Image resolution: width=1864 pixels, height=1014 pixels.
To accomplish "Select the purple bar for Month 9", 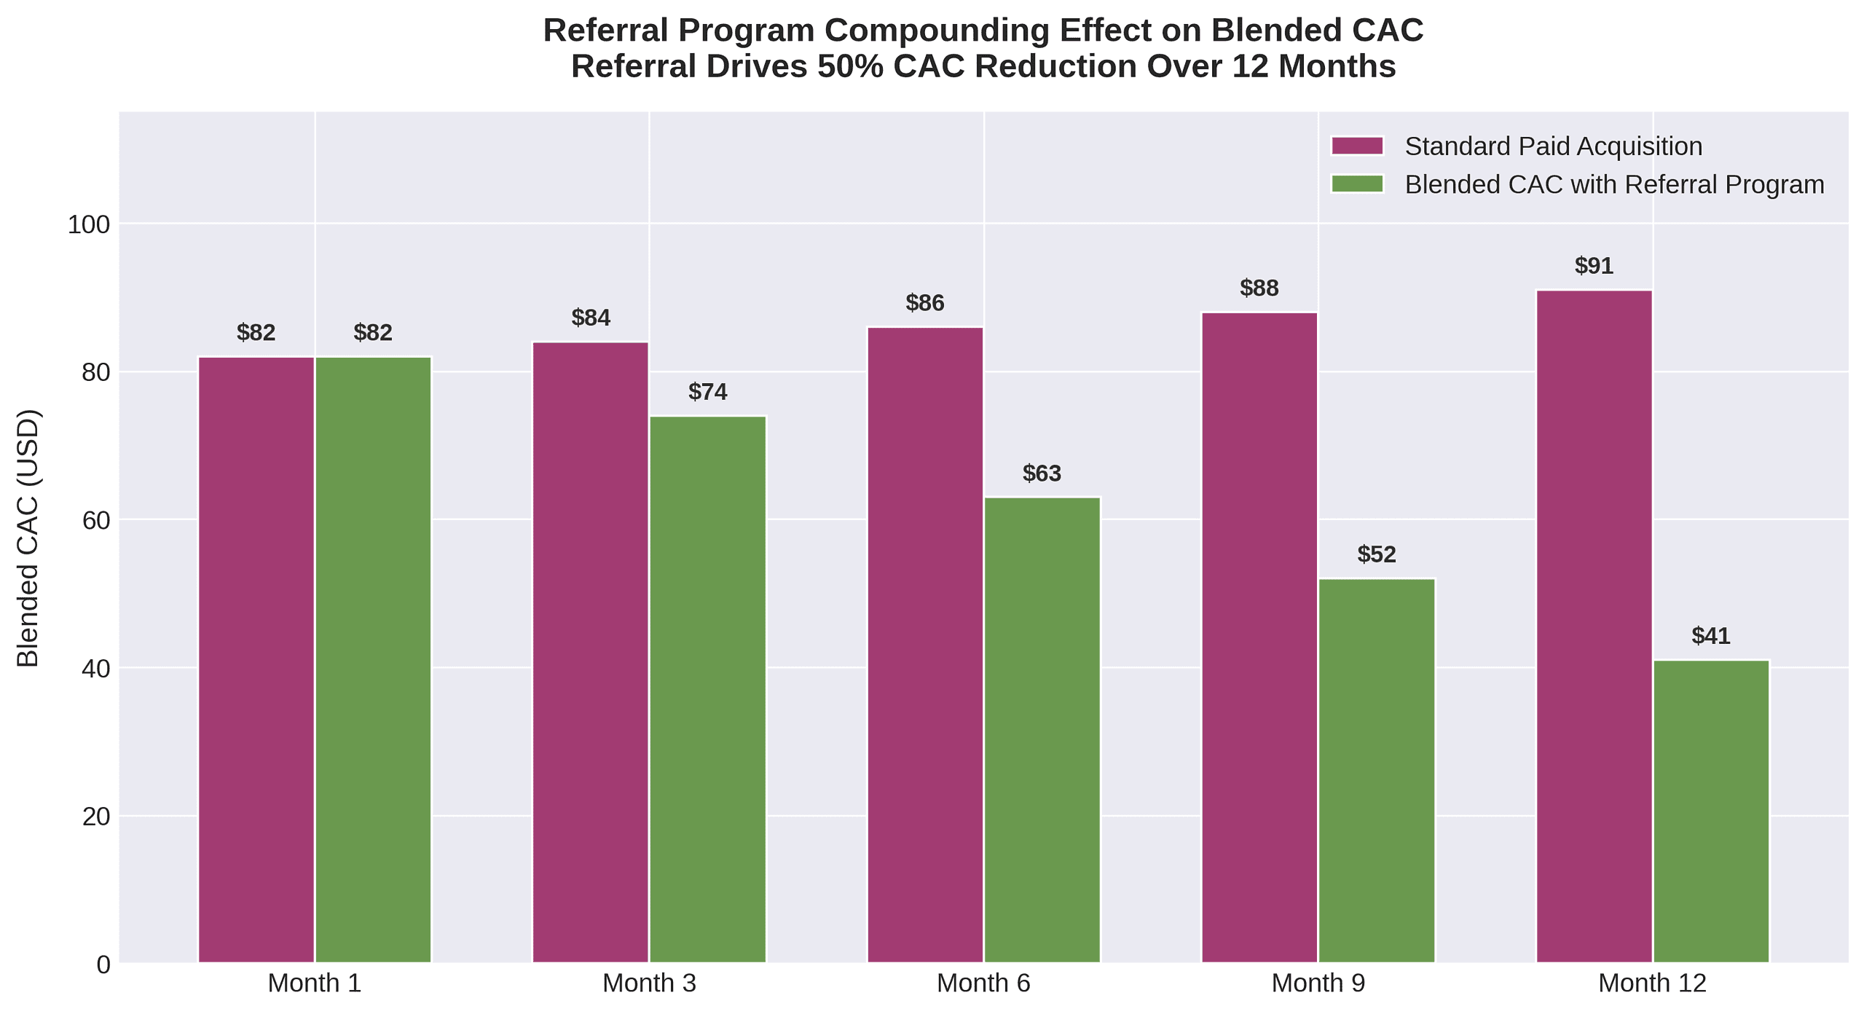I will pos(1259,637).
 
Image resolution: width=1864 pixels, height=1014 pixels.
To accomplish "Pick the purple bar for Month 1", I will pos(256,659).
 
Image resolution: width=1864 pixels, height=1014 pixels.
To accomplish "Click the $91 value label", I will pos(1593,266).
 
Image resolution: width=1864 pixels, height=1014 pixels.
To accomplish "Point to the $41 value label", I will pos(1710,636).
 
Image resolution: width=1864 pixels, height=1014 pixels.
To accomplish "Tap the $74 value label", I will pos(707,392).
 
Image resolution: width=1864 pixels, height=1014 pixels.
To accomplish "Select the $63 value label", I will pos(1042,473).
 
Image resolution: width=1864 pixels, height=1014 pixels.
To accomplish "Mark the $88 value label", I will pos(1259,288).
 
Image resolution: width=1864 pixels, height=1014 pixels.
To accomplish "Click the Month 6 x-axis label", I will pos(983,983).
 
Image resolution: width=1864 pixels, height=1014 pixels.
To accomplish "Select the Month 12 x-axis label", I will pos(1651,983).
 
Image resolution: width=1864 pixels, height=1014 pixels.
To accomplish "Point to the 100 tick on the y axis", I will pos(88,224).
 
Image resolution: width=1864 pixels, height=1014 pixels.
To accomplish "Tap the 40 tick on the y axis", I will pos(95,669).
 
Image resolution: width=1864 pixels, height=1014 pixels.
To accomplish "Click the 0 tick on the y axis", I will pos(103,964).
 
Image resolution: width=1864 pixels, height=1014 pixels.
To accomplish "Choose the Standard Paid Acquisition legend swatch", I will pos(1356,146).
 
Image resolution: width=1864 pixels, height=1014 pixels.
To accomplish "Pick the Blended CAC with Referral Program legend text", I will pos(1613,184).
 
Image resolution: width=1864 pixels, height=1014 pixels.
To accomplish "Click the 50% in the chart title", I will pos(850,66).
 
